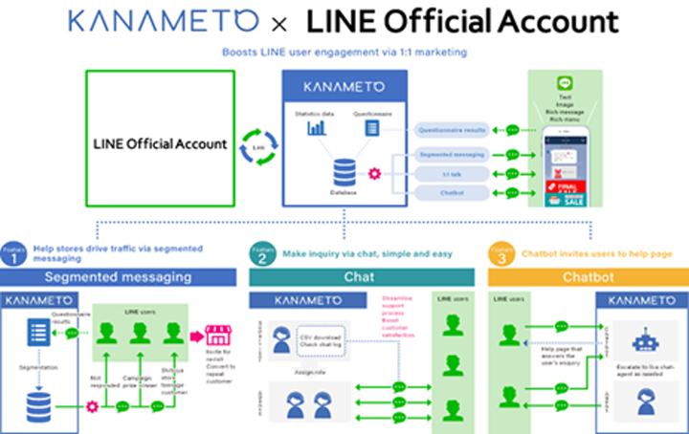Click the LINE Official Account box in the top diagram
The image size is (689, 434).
(161, 143)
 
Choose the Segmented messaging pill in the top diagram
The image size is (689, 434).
(453, 154)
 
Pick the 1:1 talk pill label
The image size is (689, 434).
(453, 174)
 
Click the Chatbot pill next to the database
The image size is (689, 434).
(453, 193)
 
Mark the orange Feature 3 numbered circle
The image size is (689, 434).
(501, 252)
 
